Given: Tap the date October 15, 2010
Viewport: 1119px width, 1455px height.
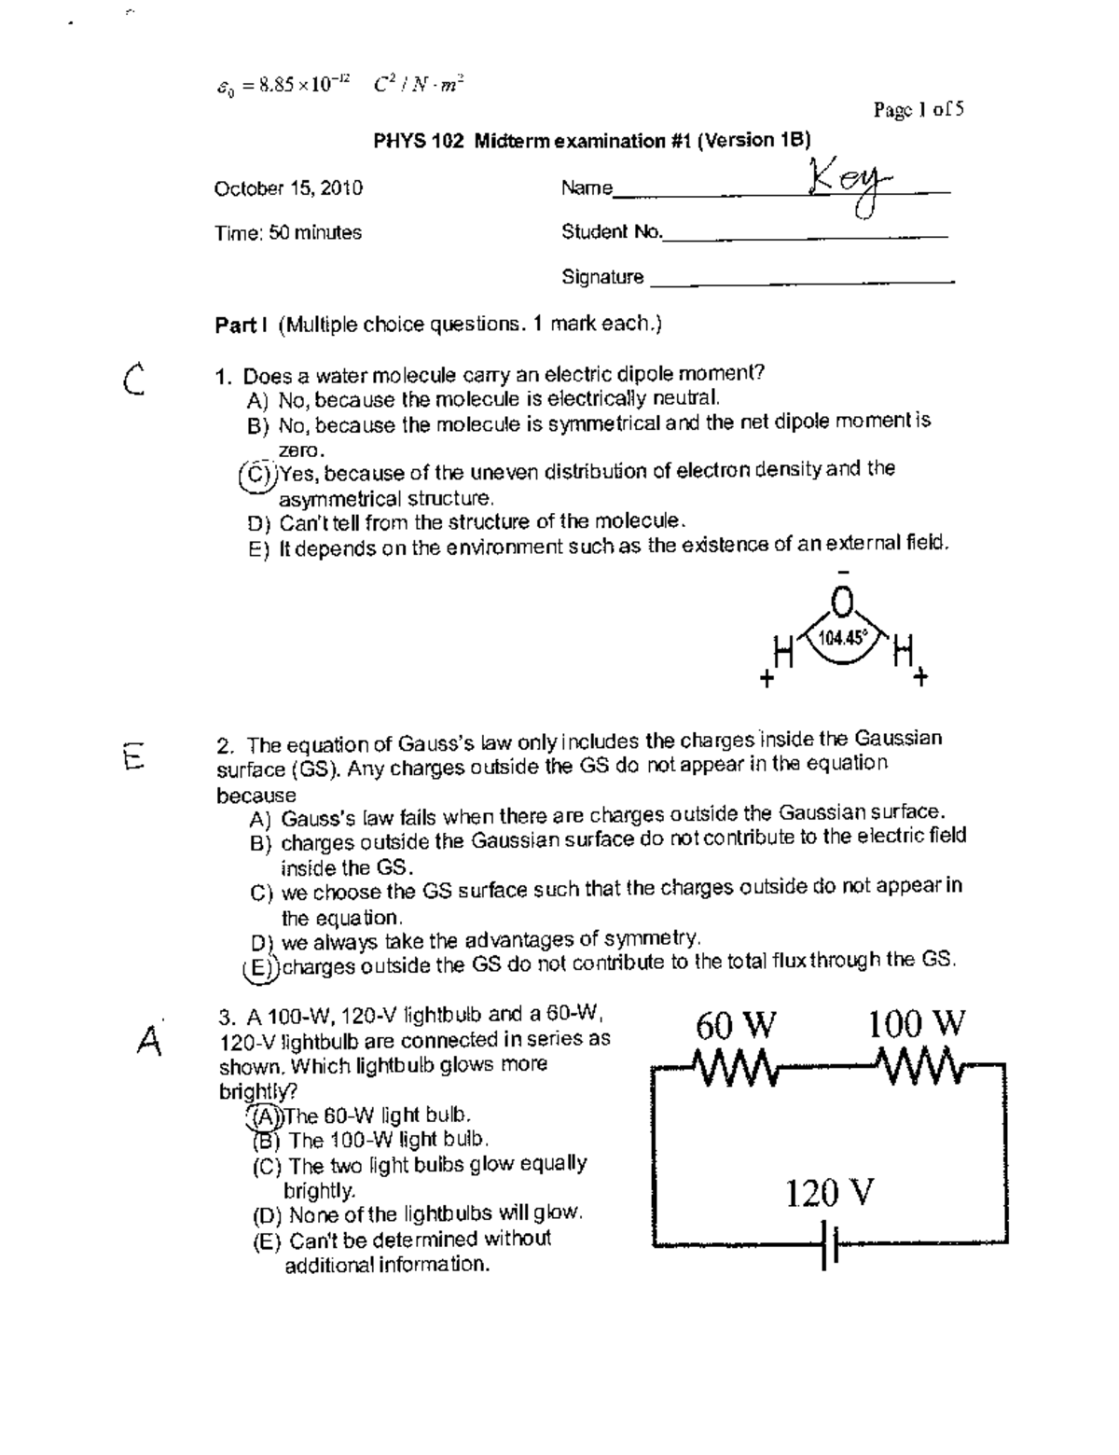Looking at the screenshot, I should click(288, 188).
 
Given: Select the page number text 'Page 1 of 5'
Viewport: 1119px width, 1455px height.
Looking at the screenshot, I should click(919, 110).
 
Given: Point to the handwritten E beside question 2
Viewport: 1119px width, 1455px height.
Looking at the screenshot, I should click(132, 752).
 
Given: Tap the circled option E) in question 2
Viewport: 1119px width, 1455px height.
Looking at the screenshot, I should click(256, 967).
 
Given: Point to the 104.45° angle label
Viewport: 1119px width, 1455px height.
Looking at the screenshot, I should click(841, 638).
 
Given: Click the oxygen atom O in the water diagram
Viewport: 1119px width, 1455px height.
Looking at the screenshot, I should click(842, 606).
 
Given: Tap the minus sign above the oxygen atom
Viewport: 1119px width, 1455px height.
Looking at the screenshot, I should click(843, 572).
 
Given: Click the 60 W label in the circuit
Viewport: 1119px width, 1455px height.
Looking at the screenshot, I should click(735, 1026).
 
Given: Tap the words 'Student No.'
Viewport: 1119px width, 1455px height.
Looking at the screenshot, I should click(611, 232).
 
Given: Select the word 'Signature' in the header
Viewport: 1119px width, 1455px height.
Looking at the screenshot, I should click(602, 277).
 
